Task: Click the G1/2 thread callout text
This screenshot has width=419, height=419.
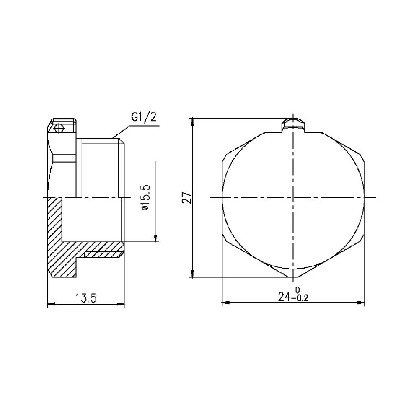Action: (x=144, y=118)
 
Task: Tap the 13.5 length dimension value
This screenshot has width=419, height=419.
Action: (x=86, y=298)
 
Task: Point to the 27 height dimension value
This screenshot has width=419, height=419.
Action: (x=187, y=197)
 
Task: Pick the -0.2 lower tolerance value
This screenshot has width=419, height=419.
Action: (x=300, y=299)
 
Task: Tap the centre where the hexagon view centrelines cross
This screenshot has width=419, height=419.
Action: (x=293, y=197)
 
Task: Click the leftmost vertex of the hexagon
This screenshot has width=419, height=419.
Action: (x=221, y=197)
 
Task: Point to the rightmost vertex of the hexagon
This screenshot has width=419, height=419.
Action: (x=365, y=197)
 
